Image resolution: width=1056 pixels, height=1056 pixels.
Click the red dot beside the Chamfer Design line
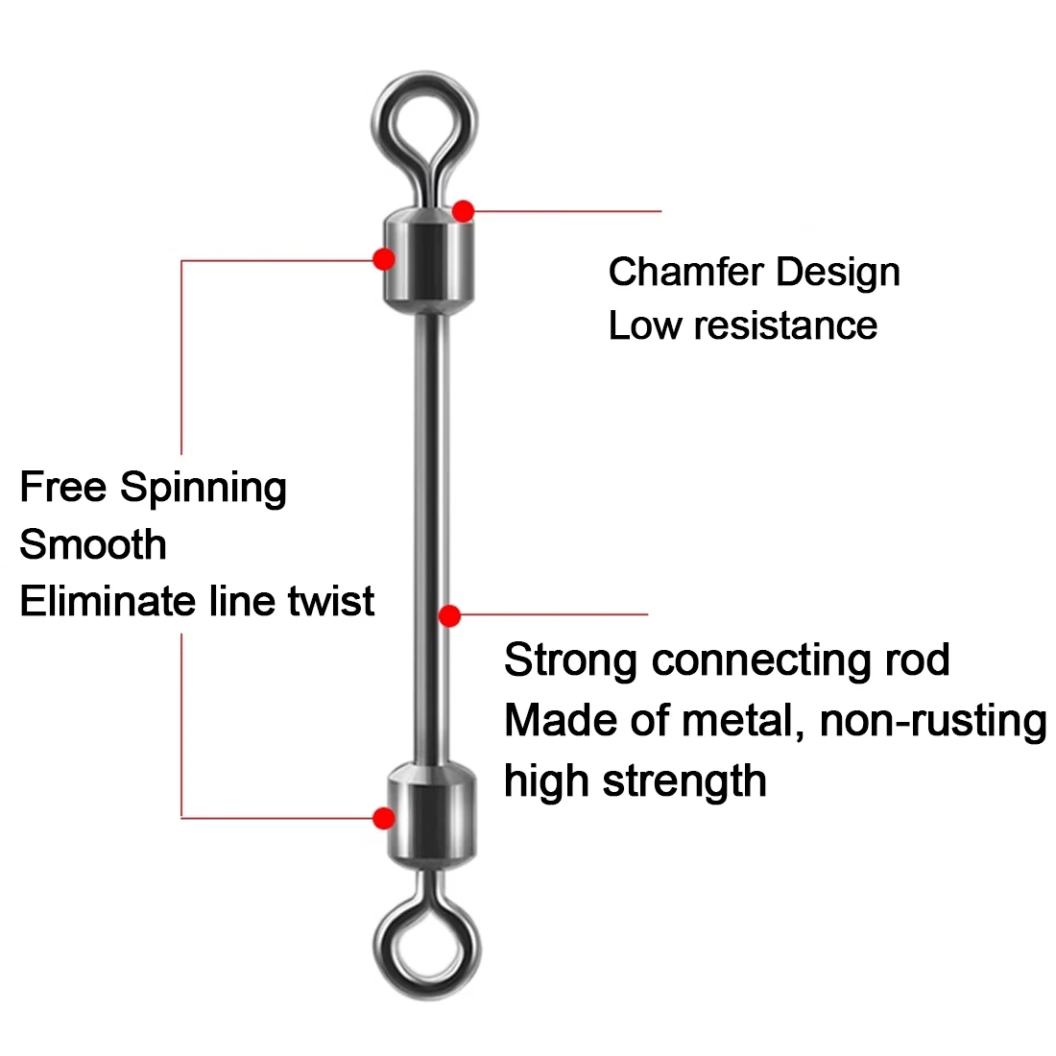pyautogui.click(x=464, y=210)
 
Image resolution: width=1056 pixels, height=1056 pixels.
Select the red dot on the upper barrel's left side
pyautogui.click(x=384, y=258)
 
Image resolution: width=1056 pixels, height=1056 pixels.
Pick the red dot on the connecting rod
pyautogui.click(x=449, y=615)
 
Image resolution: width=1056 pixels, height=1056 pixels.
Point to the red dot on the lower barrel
pyautogui.click(x=384, y=818)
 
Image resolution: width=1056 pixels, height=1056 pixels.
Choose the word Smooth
pyautogui.click(x=93, y=545)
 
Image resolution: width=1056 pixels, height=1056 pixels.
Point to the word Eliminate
pyautogui.click(x=108, y=602)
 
